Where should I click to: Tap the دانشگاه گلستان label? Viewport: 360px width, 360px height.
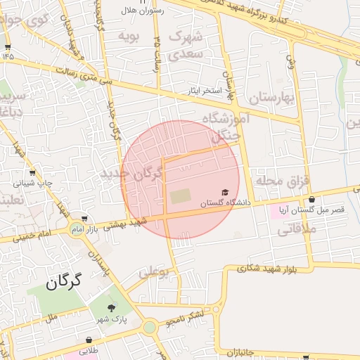225,203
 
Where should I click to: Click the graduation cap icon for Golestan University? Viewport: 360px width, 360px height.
225,193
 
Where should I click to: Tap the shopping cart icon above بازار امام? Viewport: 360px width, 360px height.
85,219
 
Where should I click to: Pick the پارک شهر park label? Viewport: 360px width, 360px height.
112,319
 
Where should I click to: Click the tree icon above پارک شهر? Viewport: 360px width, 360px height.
112,307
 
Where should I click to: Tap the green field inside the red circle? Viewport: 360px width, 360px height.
179,195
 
